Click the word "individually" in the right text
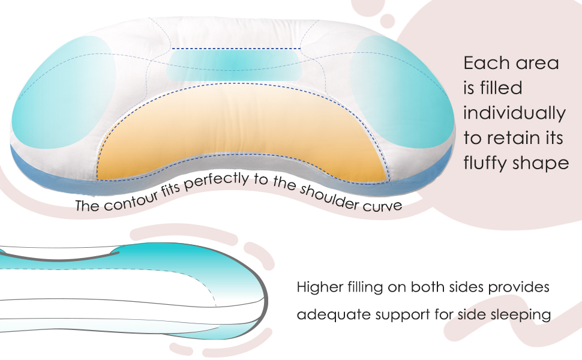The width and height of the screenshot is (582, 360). click(x=514, y=113)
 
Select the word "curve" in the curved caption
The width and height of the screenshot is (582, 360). click(x=383, y=205)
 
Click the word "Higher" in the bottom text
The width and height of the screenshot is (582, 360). click(x=320, y=287)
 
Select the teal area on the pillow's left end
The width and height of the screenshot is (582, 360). click(x=63, y=93)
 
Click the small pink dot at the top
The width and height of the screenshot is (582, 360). click(x=386, y=21)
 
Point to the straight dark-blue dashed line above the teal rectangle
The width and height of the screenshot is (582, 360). click(x=236, y=49)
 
